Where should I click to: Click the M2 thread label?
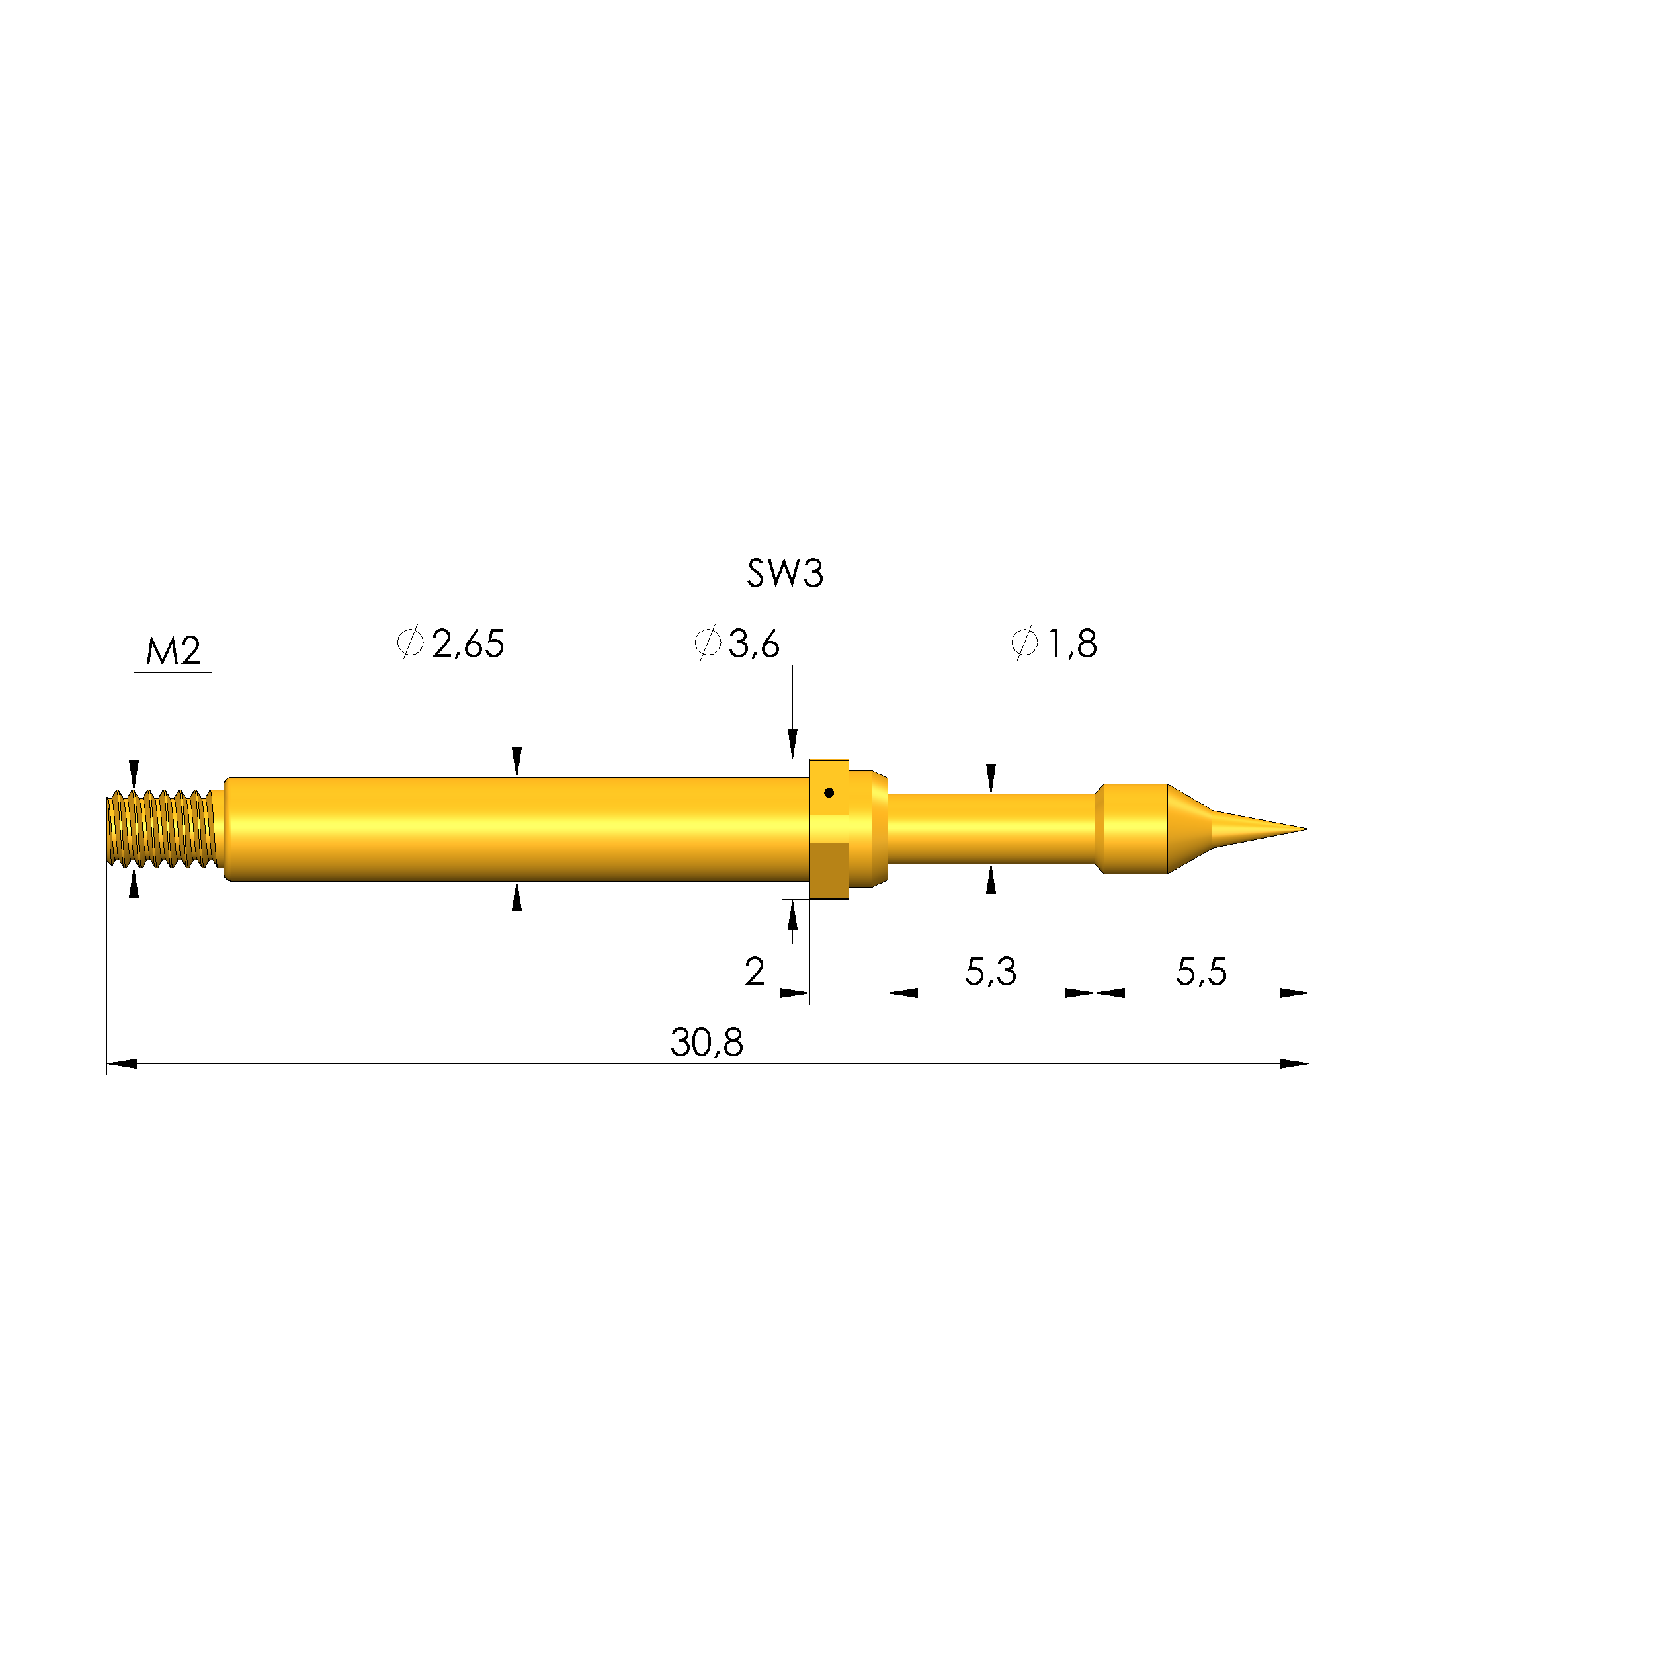173,652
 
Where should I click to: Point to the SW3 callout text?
785,573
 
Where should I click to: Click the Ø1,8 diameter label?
1054,643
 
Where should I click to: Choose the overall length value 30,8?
706,1043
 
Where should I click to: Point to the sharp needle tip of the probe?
1307,829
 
